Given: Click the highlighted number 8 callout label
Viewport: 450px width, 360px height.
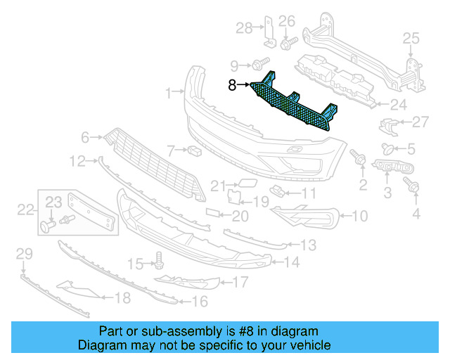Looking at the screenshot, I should [x=232, y=86].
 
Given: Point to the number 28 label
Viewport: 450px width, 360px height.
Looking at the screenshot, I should [x=243, y=28].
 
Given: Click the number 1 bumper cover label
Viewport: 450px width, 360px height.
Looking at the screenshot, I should [x=169, y=93].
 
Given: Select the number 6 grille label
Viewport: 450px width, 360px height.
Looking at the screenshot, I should [x=85, y=137].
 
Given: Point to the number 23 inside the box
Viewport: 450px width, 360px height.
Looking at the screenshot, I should [x=54, y=202].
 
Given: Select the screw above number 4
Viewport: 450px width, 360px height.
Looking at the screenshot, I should [x=413, y=186].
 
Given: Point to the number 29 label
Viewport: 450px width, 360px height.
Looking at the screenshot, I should [x=25, y=253].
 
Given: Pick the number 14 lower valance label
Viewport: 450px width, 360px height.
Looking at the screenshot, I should [x=291, y=263].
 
